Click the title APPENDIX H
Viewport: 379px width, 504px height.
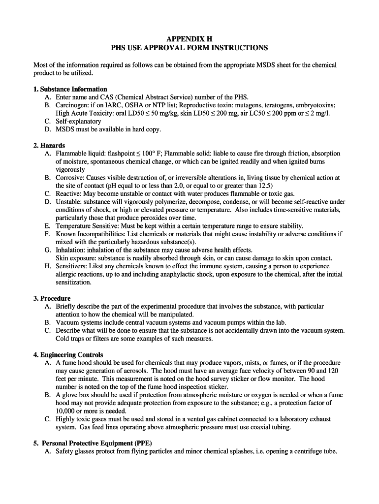click(189, 38)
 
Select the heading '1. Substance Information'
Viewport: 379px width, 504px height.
click(70, 89)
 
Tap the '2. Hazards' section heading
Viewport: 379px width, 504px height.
click(49, 146)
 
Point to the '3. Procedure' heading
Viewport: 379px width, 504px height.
click(52, 298)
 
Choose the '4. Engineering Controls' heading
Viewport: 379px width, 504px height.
click(68, 354)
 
